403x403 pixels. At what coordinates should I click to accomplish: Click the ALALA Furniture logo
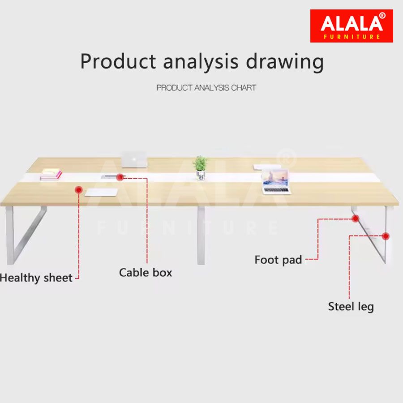tap(352, 26)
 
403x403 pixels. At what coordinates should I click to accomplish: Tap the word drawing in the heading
tap(285, 62)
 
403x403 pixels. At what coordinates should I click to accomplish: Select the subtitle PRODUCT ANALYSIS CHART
tap(206, 88)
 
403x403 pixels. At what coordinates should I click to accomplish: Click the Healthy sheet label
tap(36, 278)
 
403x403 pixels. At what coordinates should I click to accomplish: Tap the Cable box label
tap(146, 272)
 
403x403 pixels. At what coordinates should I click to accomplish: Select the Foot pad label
tap(278, 260)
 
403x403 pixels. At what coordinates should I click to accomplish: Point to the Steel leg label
tap(351, 307)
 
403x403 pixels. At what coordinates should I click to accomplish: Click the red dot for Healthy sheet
tap(79, 190)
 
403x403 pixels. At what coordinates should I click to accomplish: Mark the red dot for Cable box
tap(120, 177)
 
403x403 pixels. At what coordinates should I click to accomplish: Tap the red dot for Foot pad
tap(356, 219)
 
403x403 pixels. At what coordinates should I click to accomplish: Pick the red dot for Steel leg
tap(386, 236)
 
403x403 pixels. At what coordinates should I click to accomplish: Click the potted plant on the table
tap(200, 168)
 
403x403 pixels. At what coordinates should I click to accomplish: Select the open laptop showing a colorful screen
tap(276, 182)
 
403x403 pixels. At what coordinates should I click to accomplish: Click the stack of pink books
tap(51, 174)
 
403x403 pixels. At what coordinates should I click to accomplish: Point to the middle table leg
tap(201, 235)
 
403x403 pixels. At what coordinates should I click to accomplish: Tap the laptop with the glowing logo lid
tap(134, 159)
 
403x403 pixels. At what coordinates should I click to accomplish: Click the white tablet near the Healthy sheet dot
tap(101, 192)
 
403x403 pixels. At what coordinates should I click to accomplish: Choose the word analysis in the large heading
tap(201, 62)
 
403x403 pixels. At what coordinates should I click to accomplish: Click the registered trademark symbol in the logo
tap(382, 16)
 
